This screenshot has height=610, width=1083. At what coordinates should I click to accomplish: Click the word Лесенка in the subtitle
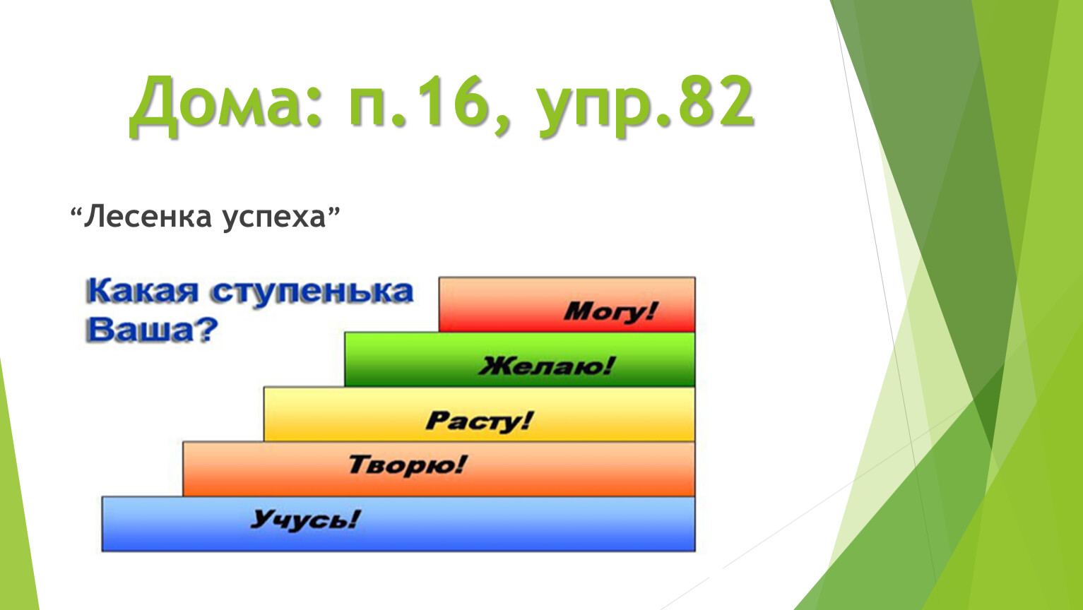pos(148,216)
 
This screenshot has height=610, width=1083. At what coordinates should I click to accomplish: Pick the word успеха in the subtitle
pos(274,218)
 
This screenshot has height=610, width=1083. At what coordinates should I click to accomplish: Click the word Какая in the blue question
pos(142,292)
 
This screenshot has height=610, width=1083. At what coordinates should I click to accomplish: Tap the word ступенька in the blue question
pos(312,292)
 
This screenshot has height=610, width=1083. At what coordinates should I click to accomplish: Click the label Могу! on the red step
pos(610,311)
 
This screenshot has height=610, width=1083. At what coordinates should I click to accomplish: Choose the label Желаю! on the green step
pos(547,366)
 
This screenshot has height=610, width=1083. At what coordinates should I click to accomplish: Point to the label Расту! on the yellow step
pos(479,421)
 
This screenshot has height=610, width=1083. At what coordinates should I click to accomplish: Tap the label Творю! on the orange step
pos(407,465)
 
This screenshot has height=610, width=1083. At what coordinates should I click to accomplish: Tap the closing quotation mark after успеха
pos(334,212)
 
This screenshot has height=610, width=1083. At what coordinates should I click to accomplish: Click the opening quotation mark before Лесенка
pos(76,212)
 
